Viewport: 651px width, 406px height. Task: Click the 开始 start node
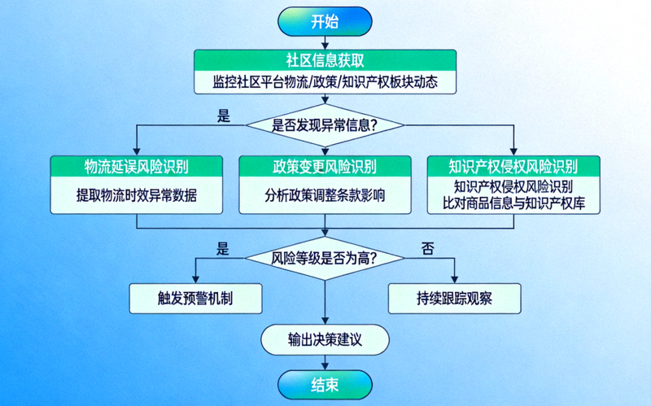point(325,22)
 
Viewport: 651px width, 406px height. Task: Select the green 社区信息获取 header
point(325,61)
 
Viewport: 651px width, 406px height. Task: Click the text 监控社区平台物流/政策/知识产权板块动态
point(325,82)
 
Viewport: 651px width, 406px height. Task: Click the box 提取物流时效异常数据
point(137,196)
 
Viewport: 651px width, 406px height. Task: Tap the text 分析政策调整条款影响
point(325,196)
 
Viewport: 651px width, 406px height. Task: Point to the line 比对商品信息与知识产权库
point(513,203)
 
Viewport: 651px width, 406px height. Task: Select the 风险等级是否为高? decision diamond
point(325,258)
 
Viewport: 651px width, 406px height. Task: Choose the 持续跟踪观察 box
point(452,298)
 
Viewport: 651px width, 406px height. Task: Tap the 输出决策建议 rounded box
point(325,339)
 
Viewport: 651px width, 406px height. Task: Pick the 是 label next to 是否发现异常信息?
point(224,116)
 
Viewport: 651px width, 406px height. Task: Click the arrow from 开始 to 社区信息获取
point(325,42)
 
